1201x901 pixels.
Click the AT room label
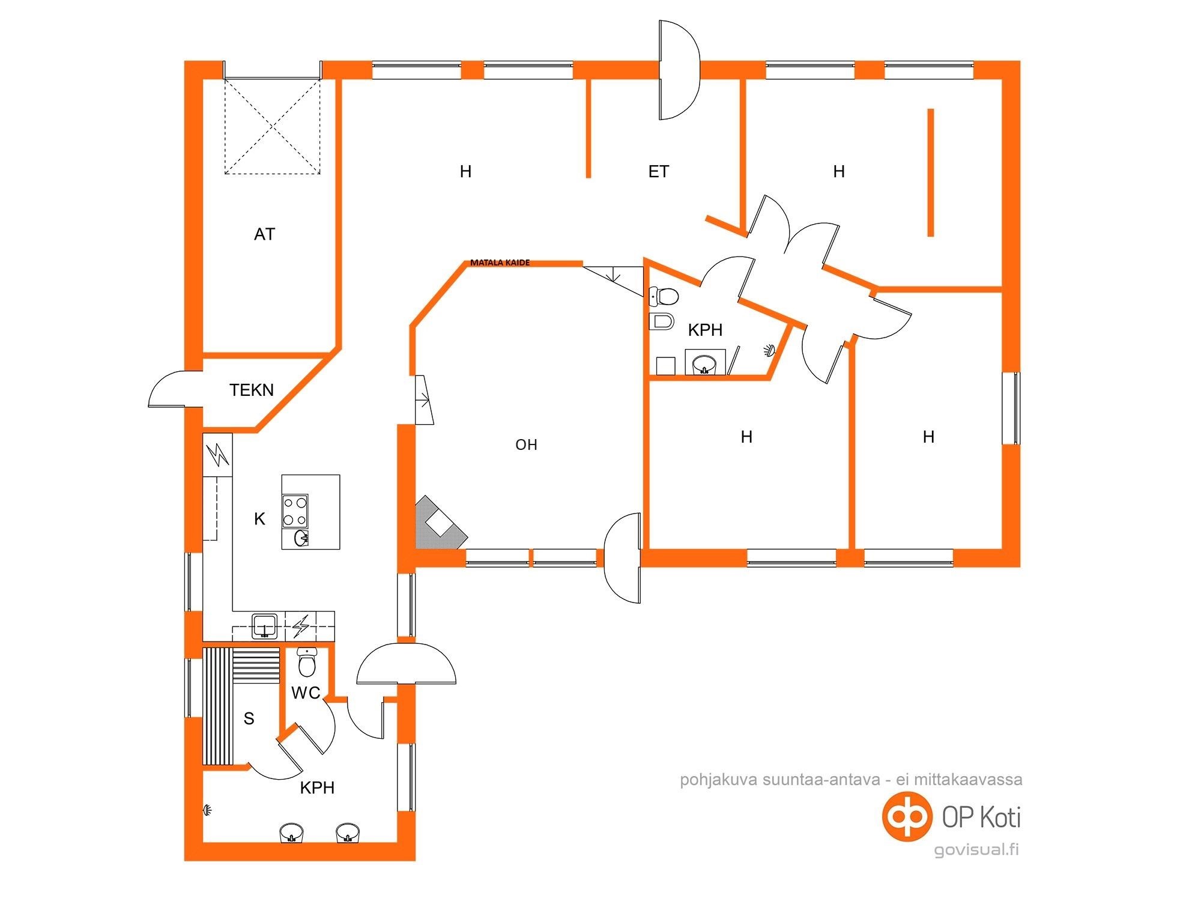pos(265,234)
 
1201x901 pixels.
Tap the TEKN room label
pos(252,390)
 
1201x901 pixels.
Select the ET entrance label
pos(659,172)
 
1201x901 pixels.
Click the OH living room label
pos(526,445)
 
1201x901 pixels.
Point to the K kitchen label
pos(259,519)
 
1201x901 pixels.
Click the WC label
pos(306,693)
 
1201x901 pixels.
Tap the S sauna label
pos(249,718)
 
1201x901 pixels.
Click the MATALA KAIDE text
pos(500,262)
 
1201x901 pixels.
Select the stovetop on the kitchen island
pos(295,511)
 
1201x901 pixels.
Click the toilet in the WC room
pos(307,662)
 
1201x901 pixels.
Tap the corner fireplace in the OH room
pos(440,523)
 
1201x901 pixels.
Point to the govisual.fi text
pos(976,850)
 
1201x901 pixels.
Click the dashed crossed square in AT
pos(272,126)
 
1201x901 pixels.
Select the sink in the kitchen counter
pos(265,626)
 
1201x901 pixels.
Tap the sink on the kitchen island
pos(301,538)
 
